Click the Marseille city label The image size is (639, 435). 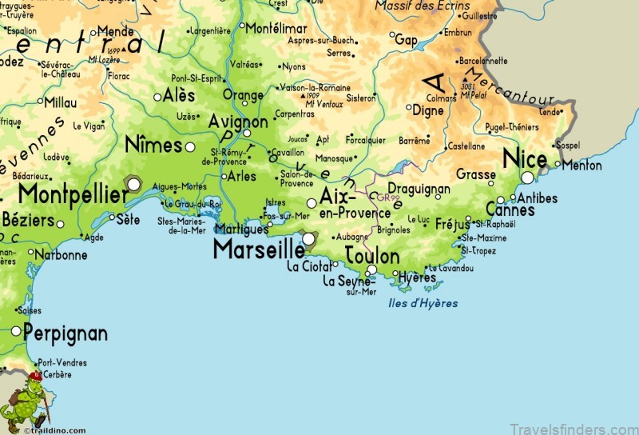[258, 249]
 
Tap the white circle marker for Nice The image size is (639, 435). [527, 178]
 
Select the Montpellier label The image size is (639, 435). [73, 194]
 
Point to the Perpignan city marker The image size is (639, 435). [16, 331]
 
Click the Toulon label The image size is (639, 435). [371, 256]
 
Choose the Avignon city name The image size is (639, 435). [237, 122]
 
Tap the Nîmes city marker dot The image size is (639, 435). [190, 147]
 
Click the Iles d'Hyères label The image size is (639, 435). [424, 303]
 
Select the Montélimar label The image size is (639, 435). [276, 27]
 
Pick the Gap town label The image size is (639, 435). [406, 39]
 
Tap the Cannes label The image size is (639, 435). [510, 210]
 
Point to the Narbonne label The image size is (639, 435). [62, 255]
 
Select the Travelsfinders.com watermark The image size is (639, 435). [564, 427]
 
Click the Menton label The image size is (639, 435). [581, 165]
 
